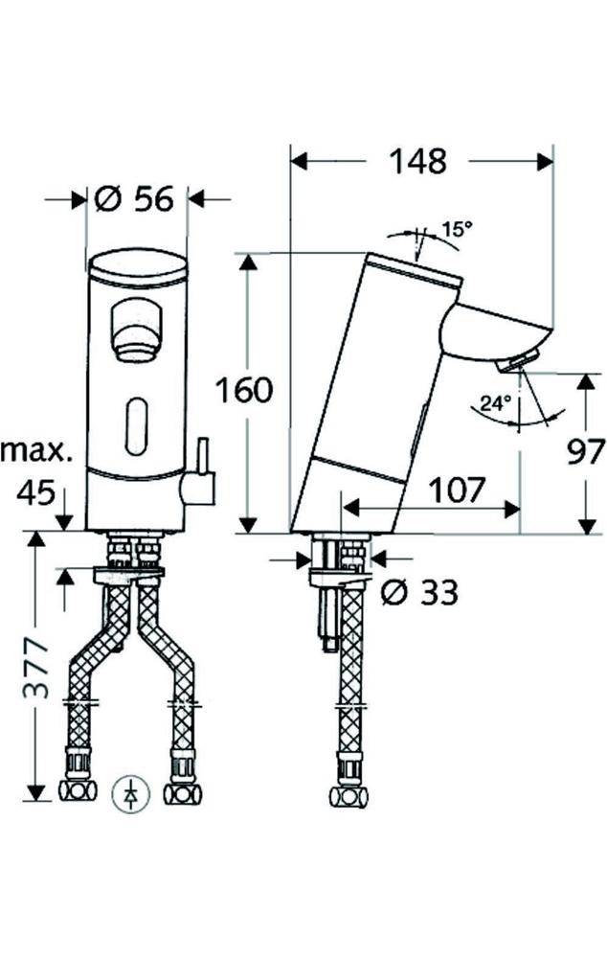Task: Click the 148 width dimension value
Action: (417, 162)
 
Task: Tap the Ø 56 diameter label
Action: (134, 198)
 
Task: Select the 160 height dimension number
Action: (244, 390)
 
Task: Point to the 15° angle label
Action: (458, 230)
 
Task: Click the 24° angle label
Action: (495, 403)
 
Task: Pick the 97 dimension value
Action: (586, 451)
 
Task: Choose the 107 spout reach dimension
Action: (457, 490)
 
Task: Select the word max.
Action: (36, 451)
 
